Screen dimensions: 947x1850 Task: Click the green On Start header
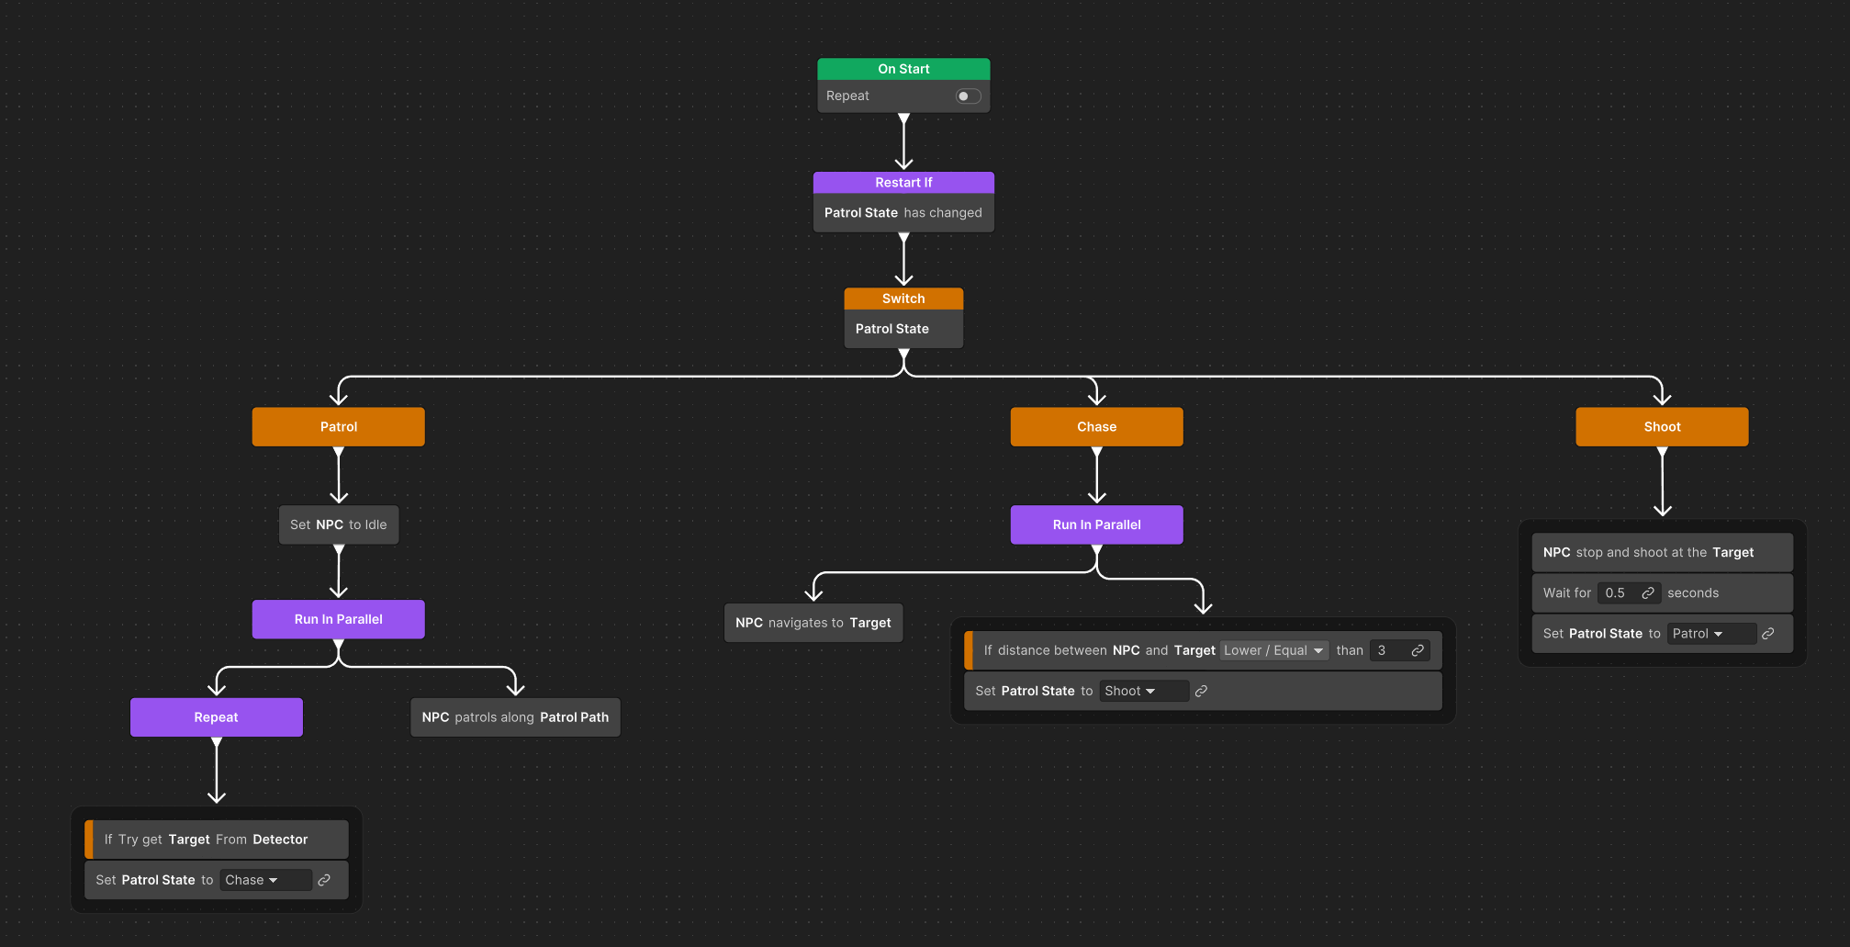click(x=903, y=69)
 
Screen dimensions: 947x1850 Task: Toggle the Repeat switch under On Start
click(x=968, y=96)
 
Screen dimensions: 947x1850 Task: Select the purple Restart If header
click(x=903, y=183)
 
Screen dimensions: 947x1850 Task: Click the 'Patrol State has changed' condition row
click(x=903, y=213)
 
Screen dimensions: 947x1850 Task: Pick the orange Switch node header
click(x=903, y=299)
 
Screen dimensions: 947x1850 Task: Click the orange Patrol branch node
click(x=338, y=427)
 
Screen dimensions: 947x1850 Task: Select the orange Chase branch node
click(x=1096, y=427)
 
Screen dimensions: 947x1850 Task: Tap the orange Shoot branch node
click(x=1662, y=427)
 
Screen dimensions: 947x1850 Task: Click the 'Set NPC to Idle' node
click(x=338, y=525)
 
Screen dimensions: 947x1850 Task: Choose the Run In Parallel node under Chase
click(x=1096, y=525)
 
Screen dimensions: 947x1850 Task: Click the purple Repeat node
click(x=216, y=717)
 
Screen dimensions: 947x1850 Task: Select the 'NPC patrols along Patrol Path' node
click(x=515, y=717)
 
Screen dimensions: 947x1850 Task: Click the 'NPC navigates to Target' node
click(x=813, y=623)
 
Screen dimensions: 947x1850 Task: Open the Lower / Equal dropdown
click(x=1273, y=650)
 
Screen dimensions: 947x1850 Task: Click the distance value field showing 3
click(x=1388, y=650)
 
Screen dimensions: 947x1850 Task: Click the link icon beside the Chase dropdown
click(x=324, y=880)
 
